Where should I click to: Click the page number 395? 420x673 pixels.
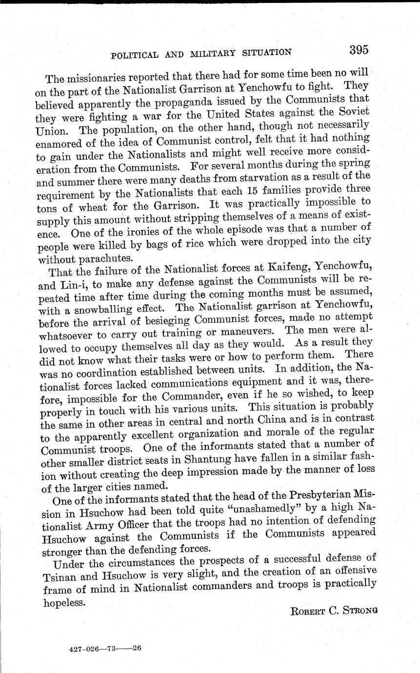pos(358,50)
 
